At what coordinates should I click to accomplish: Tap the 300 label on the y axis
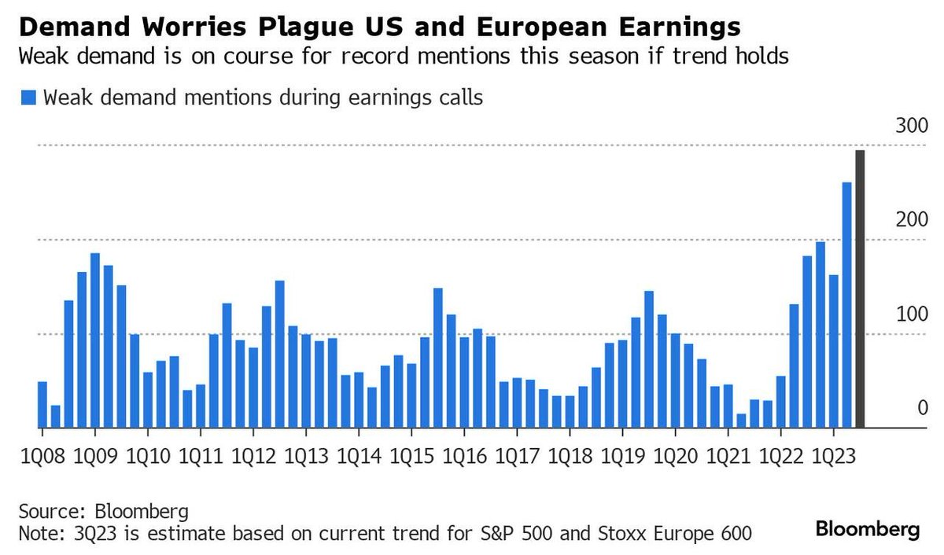912,126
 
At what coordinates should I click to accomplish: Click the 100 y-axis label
912,314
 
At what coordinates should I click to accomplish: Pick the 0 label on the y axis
922,407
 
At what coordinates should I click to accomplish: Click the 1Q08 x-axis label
42,457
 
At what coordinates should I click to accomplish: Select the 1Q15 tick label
411,457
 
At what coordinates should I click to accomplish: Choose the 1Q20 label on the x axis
675,457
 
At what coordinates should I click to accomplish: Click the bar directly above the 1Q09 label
95,340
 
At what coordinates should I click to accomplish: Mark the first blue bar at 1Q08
42,405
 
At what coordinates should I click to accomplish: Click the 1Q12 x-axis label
253,457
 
